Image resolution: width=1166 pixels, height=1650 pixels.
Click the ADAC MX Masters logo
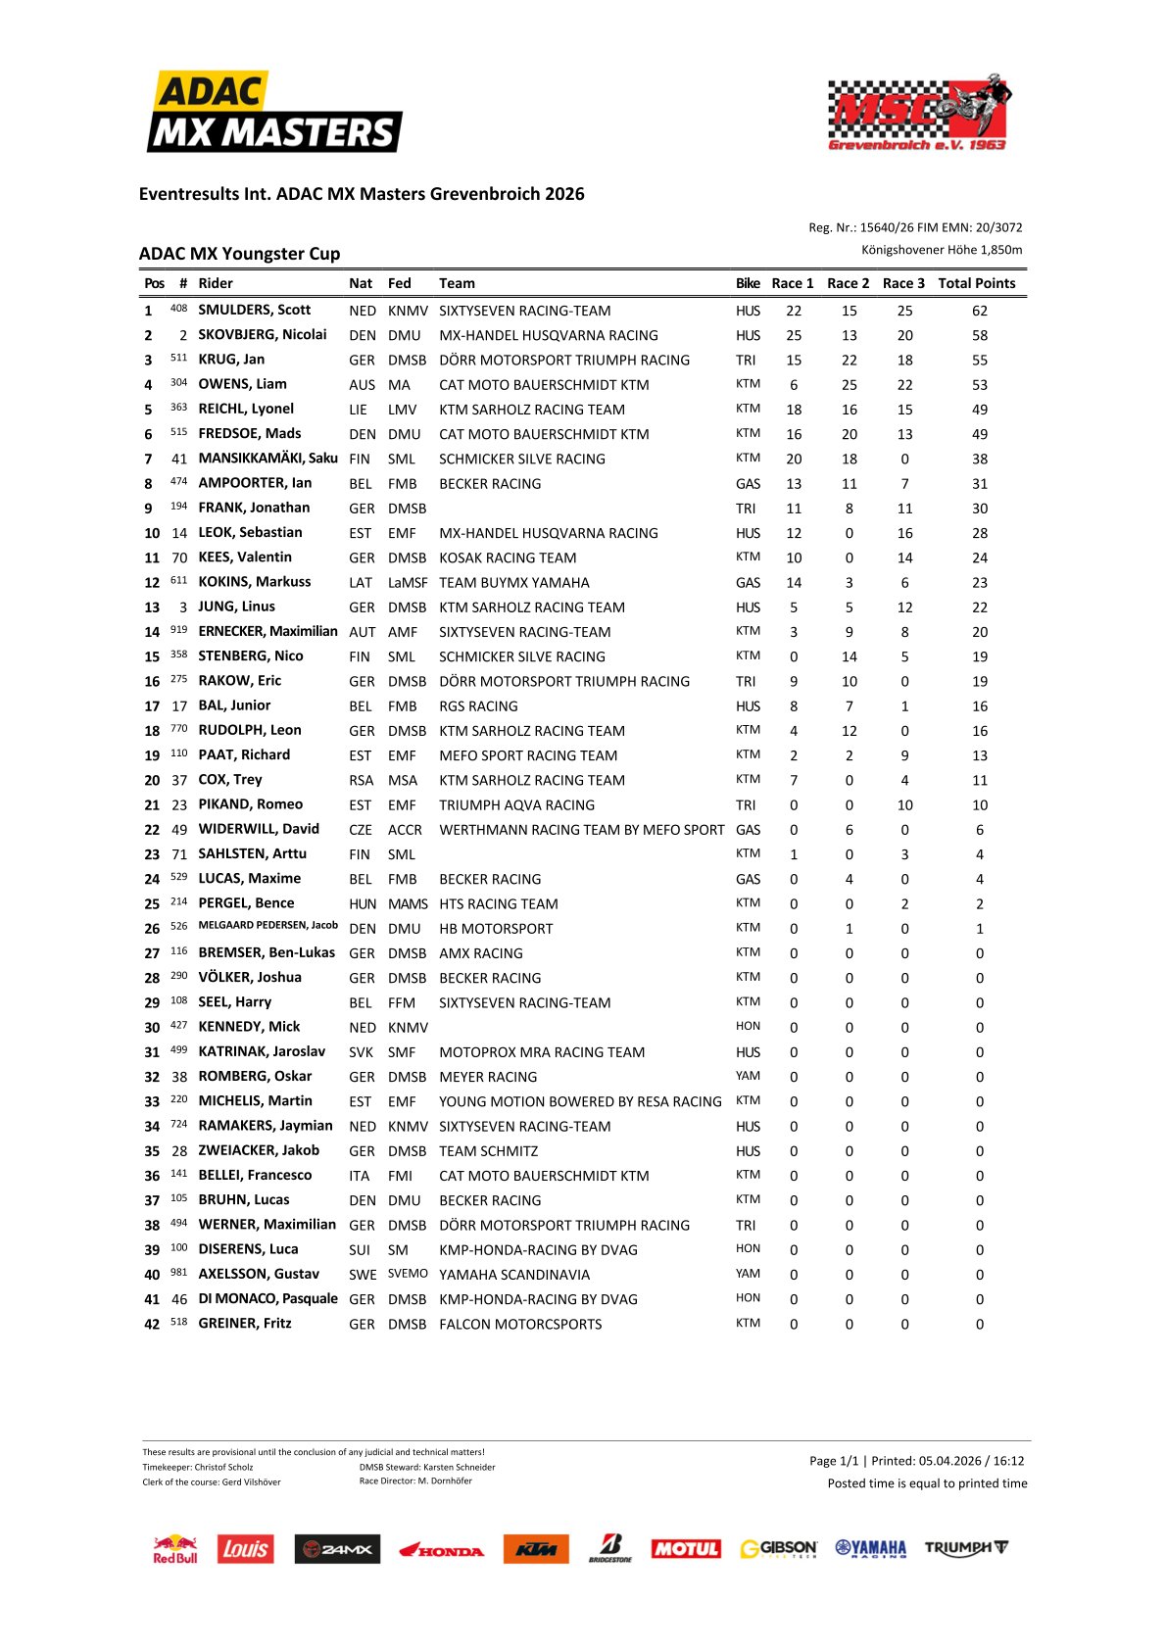coord(274,113)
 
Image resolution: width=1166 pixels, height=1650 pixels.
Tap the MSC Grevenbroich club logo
coord(919,114)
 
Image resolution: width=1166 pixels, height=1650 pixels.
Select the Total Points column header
coord(976,283)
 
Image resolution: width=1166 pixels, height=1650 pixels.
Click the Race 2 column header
coord(848,283)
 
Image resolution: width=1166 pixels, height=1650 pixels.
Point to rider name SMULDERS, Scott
coord(254,310)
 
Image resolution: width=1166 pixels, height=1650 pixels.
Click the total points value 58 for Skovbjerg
coord(979,335)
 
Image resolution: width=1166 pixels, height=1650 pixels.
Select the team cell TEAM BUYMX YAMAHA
coord(513,582)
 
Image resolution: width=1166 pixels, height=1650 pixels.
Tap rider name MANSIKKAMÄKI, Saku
coord(267,458)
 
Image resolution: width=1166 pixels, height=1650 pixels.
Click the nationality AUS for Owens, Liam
coord(361,385)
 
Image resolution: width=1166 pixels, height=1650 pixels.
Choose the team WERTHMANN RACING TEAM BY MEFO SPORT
coord(581,830)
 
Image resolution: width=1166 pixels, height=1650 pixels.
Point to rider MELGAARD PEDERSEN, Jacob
coord(267,925)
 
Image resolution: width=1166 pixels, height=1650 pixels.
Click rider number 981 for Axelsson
coord(178,1273)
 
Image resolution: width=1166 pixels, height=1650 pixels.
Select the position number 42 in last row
coord(152,1324)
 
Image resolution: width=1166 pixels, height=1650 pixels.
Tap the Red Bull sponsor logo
coord(174,1549)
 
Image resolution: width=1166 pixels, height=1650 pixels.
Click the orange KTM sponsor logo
coord(535,1549)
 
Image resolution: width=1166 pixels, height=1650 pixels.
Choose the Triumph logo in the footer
coord(965,1548)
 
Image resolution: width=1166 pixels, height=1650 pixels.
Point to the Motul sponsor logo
coord(686,1549)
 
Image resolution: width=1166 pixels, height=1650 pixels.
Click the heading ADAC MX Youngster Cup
coord(239,254)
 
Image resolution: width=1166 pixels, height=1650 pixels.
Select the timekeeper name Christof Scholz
coord(225,1467)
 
